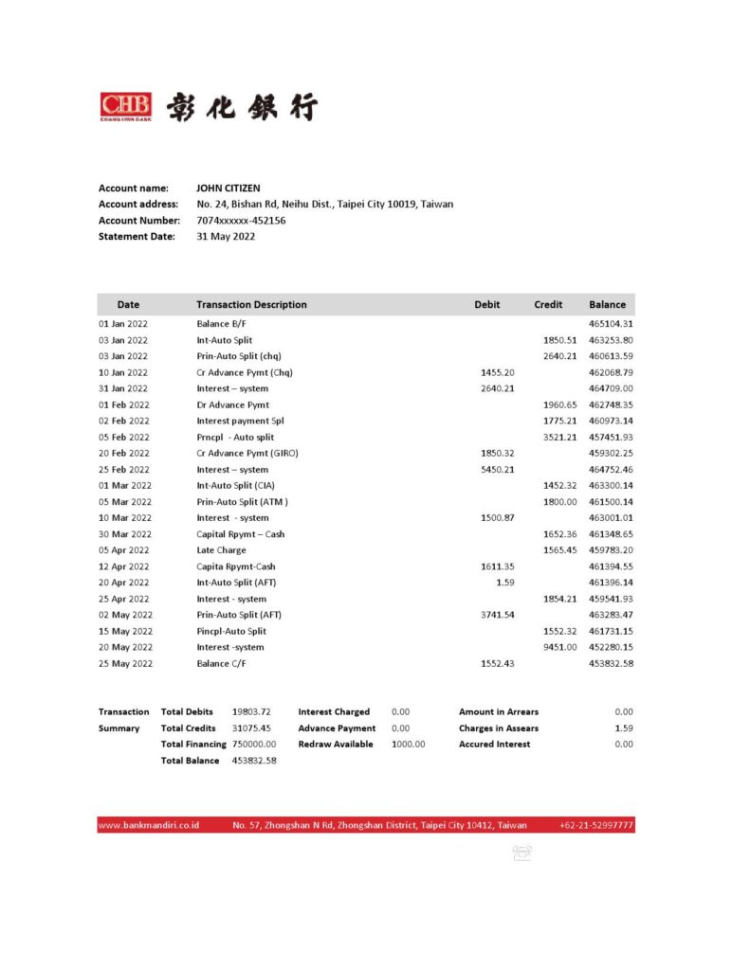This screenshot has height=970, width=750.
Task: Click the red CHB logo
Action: click(125, 105)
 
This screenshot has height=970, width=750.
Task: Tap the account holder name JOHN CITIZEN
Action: click(228, 189)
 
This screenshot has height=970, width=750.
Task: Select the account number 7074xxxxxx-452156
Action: click(241, 221)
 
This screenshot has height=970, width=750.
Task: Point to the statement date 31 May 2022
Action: click(226, 237)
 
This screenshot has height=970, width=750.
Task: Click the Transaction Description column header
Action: click(251, 305)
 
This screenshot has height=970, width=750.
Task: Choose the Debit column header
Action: click(486, 305)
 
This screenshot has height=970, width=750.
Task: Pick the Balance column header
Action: click(607, 305)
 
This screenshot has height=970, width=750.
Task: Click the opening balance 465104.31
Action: click(611, 324)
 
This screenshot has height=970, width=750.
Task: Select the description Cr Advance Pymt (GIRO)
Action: click(247, 454)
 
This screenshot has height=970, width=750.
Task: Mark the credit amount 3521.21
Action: click(559, 438)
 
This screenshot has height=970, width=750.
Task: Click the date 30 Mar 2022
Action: click(124, 534)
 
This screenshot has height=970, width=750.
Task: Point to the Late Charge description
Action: click(221, 550)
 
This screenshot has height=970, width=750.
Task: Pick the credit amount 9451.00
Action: click(559, 647)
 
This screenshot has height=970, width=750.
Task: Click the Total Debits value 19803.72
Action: click(251, 711)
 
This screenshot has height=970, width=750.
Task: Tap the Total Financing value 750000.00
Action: click(254, 745)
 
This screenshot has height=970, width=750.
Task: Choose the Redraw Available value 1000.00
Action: click(408, 745)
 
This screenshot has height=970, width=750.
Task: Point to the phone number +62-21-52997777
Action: click(596, 826)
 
